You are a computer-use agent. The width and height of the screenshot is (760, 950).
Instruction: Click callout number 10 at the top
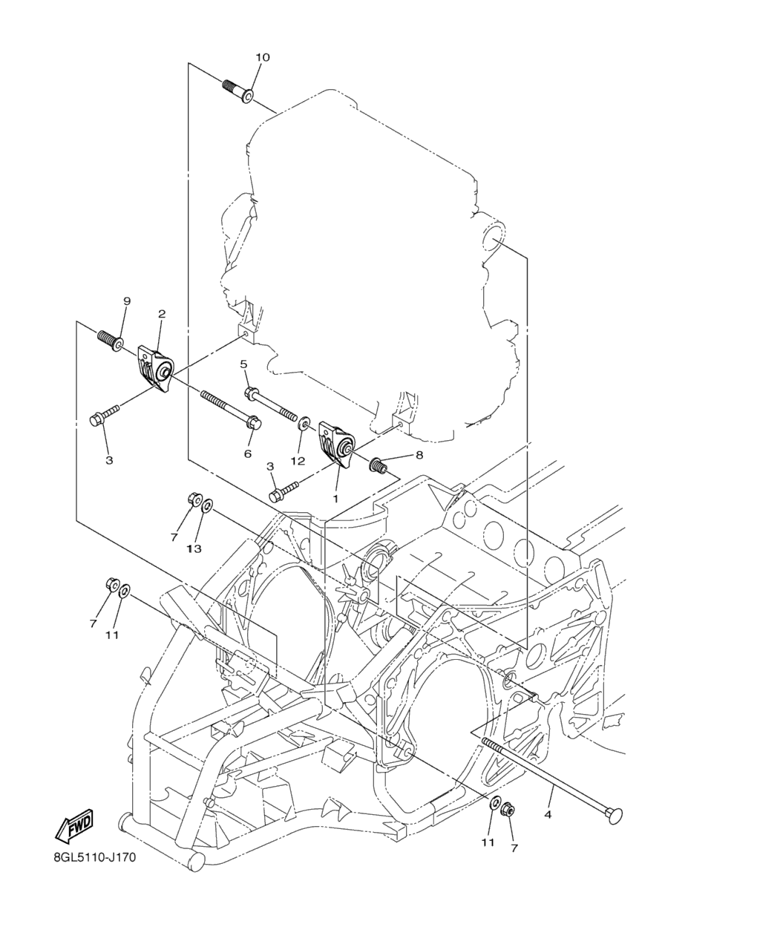pyautogui.click(x=262, y=57)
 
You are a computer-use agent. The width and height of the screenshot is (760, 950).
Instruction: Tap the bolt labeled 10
pyautogui.click(x=238, y=91)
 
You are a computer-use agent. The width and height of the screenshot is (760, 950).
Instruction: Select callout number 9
pyautogui.click(x=127, y=301)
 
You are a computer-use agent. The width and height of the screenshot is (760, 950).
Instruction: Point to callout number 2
pyautogui.click(x=162, y=314)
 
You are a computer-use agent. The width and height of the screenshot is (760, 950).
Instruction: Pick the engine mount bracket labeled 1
pyautogui.click(x=337, y=445)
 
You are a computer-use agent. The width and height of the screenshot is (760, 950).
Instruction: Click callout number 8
pyautogui.click(x=419, y=455)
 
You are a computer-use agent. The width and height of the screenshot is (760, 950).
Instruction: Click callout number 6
pyautogui.click(x=247, y=453)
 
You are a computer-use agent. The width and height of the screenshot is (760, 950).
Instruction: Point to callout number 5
pyautogui.click(x=243, y=364)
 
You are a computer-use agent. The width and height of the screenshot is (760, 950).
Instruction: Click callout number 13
pyautogui.click(x=194, y=548)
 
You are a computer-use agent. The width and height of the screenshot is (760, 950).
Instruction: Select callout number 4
pyautogui.click(x=548, y=814)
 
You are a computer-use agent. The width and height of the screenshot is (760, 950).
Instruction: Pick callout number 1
pyautogui.click(x=335, y=499)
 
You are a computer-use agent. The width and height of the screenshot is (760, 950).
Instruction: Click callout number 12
pyautogui.click(x=298, y=462)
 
